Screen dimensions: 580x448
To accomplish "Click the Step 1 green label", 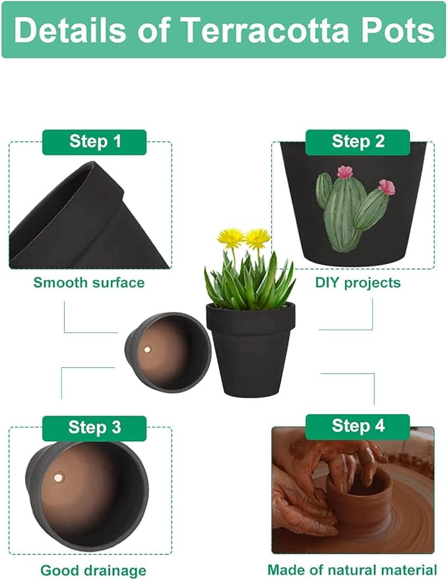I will coord(94,141).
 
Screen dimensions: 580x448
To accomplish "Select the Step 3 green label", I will coord(94,427).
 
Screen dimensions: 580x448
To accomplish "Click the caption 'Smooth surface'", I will coord(89,283).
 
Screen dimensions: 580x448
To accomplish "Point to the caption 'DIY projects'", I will coord(358,283).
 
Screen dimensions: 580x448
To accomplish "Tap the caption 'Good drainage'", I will coord(93,569).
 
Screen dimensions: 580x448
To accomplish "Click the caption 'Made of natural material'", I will coord(352,569).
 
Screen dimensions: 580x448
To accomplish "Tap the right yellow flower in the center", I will coord(258,237).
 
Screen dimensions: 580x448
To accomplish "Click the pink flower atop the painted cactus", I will coord(344,172).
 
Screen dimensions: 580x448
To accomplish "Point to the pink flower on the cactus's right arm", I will coord(387,187).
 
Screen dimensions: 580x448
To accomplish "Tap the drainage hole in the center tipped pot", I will coord(148,347).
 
